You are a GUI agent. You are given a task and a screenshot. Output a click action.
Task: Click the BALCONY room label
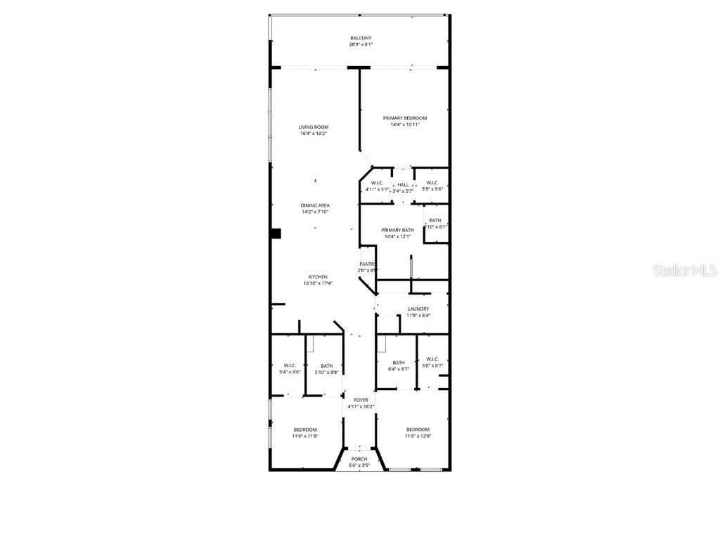click(361, 38)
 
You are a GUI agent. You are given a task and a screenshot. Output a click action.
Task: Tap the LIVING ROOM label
click(314, 127)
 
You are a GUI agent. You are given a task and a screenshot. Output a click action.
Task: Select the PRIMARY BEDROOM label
click(404, 118)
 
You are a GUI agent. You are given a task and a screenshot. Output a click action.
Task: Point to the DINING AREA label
click(315, 205)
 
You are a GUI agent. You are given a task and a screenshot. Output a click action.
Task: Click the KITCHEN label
click(317, 277)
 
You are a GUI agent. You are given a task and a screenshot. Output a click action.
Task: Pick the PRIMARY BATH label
click(397, 230)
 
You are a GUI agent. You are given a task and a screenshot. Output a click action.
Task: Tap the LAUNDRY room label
click(418, 309)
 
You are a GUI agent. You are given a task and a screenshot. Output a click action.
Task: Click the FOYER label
click(361, 400)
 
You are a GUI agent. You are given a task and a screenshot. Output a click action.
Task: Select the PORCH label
click(359, 459)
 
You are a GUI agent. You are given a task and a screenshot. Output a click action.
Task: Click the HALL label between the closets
click(403, 184)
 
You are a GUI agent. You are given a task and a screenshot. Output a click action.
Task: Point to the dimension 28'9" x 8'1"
click(361, 44)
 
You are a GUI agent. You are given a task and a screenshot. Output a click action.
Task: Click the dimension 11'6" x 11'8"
click(305, 436)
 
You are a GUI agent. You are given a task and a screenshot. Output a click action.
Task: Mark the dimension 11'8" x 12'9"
click(418, 436)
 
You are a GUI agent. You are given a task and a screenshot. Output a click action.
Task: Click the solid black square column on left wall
click(276, 233)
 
